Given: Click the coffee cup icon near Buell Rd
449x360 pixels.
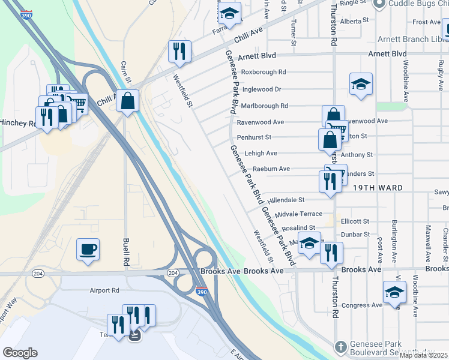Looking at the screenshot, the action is point(88,249).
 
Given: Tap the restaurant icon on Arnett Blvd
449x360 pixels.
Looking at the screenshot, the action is point(179,52).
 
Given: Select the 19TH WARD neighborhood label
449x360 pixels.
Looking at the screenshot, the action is point(378,188).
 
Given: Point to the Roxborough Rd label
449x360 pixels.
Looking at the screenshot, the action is point(264,72).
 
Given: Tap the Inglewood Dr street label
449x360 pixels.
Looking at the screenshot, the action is point(261,89).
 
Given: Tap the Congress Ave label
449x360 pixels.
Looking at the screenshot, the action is point(362,305).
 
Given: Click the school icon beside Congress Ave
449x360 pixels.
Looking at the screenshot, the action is point(394,292).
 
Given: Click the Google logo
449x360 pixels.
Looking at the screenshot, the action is point(20,353).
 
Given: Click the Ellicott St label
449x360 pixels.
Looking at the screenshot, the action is point(354,221).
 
